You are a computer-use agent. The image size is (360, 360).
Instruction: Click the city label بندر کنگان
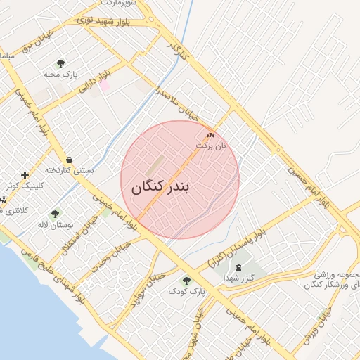(161, 188)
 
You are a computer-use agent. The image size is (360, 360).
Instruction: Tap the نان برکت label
(212, 146)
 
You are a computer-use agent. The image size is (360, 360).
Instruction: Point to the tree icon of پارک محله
(60, 64)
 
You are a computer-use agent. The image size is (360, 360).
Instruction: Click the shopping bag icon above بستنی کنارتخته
(69, 160)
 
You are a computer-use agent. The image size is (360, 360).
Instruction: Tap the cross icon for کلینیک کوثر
(25, 175)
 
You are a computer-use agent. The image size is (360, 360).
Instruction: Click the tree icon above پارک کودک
(186, 280)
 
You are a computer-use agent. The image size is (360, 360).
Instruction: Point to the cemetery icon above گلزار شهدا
(237, 267)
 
